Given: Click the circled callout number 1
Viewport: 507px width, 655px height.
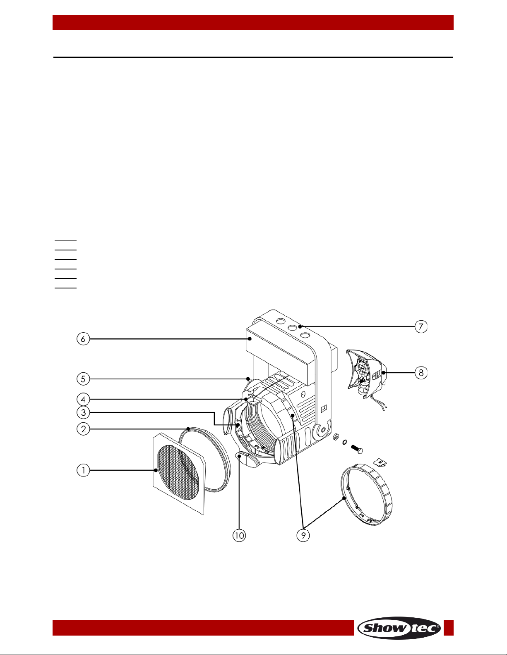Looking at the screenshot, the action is click(83, 470).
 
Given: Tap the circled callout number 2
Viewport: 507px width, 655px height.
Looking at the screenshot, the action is click(83, 429).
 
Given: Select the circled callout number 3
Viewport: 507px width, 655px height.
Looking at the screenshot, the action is click(83, 412).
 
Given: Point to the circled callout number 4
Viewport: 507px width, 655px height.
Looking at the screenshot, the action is click(83, 399).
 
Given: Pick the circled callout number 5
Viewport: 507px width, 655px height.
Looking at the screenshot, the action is click(83, 379).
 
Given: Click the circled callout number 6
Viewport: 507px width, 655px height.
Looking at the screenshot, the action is click(83, 339).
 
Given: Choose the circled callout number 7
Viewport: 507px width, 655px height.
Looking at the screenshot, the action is click(421, 326).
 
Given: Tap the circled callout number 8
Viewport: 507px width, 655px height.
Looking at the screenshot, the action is click(421, 373).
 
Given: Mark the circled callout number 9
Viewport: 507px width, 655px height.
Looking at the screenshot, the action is click(303, 535).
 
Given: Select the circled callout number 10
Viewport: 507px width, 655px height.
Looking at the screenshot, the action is click(239, 535).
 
